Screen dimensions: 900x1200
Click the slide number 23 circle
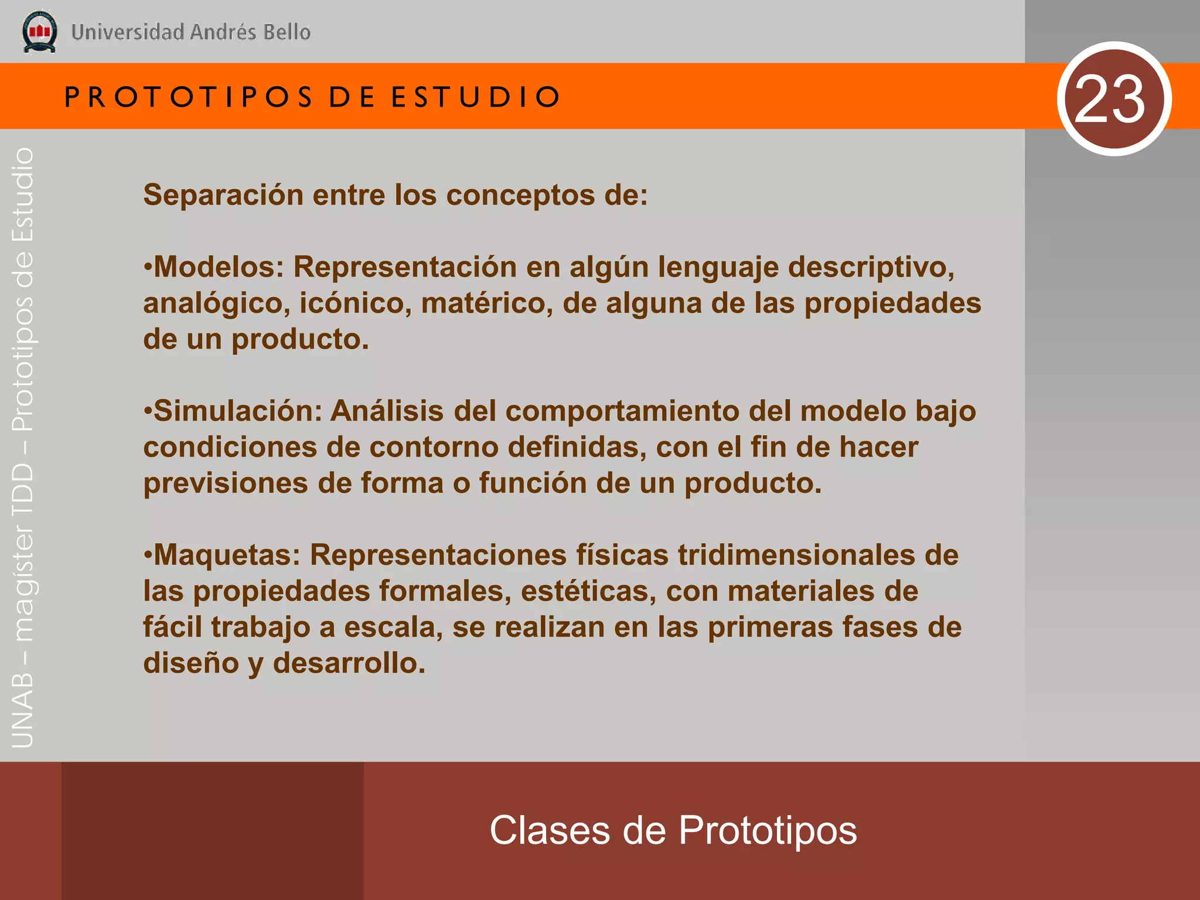[x=1114, y=99]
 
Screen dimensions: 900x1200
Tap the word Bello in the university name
[x=287, y=32]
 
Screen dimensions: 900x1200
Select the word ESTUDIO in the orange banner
[x=476, y=97]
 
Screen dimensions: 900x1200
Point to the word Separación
[x=223, y=195]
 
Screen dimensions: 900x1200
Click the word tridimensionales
[x=796, y=555]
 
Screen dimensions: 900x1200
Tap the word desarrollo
[x=349, y=664]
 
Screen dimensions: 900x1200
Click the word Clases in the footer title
[x=550, y=830]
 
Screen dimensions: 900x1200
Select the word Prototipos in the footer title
[x=768, y=831]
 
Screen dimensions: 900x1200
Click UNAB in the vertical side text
[x=23, y=711]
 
